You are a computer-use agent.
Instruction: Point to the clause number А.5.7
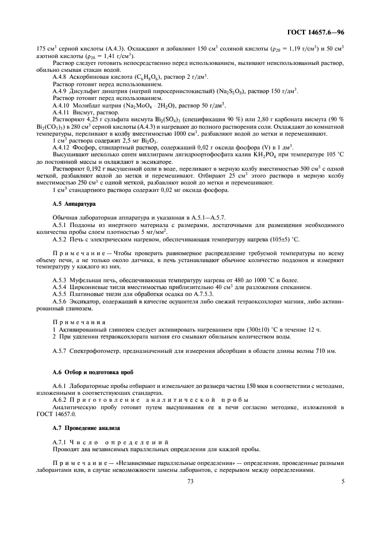coord(60,350)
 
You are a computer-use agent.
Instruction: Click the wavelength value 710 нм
coord(324,350)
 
